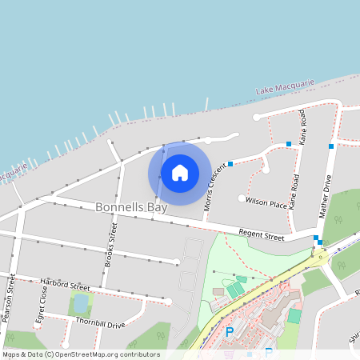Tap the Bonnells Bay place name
pos(131,207)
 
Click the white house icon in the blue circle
pos(179,172)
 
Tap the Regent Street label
pos(262,236)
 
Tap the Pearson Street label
pos(9,298)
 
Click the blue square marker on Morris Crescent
pos(230,164)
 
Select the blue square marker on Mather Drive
pos(330,146)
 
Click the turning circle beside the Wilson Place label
pos(242,198)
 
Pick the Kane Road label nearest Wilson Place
pos(295,192)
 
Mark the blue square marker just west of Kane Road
pos(289,144)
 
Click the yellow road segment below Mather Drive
pos(320,255)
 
